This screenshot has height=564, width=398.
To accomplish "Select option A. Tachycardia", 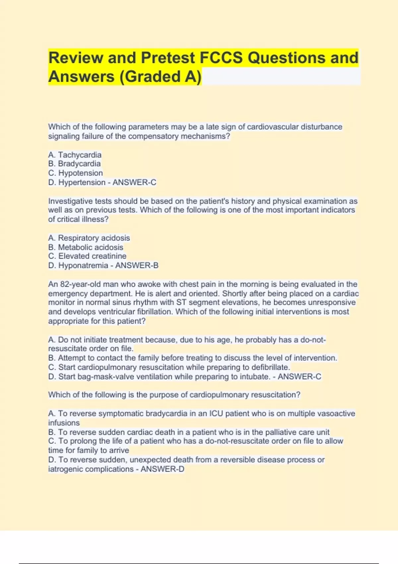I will (75, 155).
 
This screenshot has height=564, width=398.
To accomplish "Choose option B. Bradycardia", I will (75, 164).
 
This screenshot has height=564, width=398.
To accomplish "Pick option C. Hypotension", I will (76, 173).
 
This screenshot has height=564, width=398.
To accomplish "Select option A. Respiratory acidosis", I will (89, 238).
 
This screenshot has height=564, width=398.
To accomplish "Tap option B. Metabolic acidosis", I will (86, 247).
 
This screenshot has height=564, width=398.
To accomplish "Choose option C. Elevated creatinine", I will (87, 256).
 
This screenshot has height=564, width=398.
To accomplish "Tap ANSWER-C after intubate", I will (299, 377).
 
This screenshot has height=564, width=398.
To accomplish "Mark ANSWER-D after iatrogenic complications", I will (162, 469).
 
